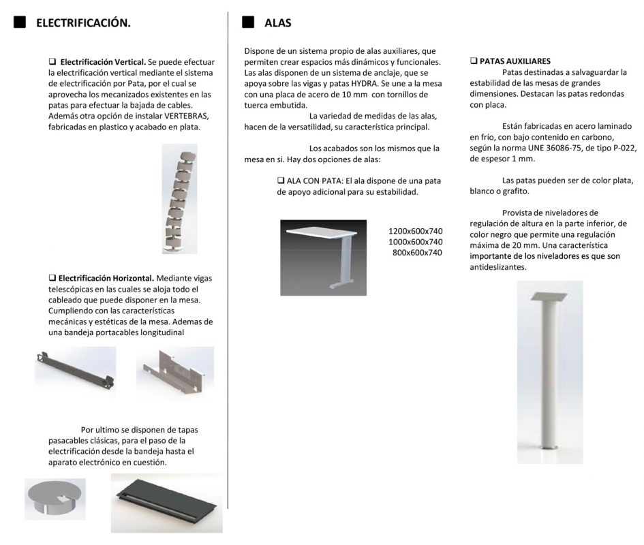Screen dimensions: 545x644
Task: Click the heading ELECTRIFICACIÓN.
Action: pyautogui.click(x=83, y=23)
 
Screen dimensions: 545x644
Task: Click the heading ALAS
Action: pyautogui.click(x=277, y=23)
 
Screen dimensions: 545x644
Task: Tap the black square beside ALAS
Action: pyautogui.click(x=248, y=22)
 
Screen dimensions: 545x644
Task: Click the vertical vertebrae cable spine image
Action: pyautogui.click(x=179, y=198)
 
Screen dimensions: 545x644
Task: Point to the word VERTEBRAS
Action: pyautogui.click(x=185, y=116)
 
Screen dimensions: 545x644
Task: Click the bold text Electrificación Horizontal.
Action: pyautogui.click(x=106, y=278)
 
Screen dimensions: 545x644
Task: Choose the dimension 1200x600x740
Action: pyautogui.click(x=415, y=231)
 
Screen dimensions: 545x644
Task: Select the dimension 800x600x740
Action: pyautogui.click(x=418, y=253)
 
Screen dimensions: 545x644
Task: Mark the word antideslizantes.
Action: pyautogui.click(x=498, y=268)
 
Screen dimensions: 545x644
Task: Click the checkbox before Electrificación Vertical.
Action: pyautogui.click(x=52, y=61)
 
